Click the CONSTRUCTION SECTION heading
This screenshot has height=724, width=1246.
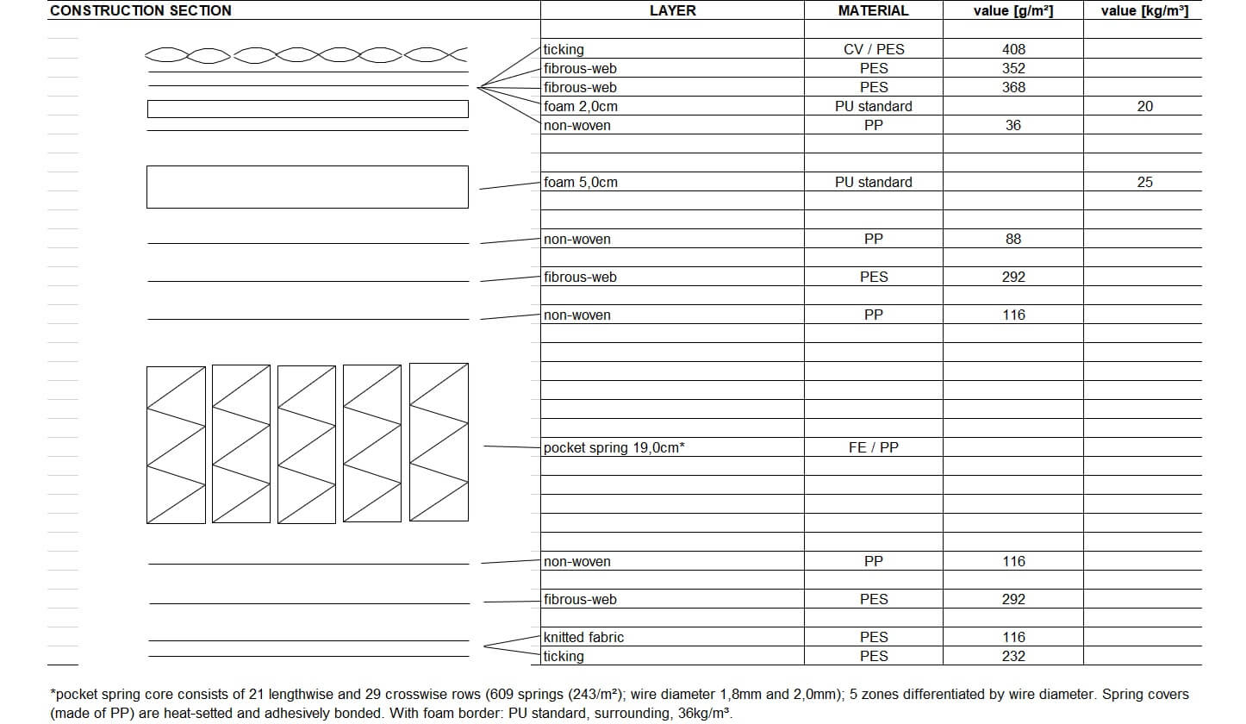(x=140, y=11)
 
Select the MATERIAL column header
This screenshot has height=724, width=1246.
(x=873, y=11)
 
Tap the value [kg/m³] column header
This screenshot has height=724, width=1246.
(x=1144, y=11)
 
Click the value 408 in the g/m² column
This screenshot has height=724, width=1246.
(x=1013, y=50)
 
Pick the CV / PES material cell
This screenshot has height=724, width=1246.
(x=873, y=50)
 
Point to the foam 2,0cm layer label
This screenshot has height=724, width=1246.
(x=581, y=107)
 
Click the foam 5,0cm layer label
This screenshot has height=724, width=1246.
(x=581, y=183)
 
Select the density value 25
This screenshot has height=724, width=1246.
(x=1144, y=183)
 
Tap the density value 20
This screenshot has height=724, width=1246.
(x=1144, y=107)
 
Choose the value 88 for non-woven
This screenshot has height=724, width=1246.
(x=1013, y=240)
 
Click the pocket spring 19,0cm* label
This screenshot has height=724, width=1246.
(x=614, y=448)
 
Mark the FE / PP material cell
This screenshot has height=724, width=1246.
(x=873, y=448)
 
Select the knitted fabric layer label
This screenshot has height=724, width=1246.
(x=583, y=638)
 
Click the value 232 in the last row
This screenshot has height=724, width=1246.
(x=1013, y=657)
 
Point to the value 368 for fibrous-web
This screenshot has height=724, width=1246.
(x=1013, y=88)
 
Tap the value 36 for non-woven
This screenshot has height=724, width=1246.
(x=1013, y=126)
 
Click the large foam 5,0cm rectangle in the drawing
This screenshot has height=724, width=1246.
(x=307, y=187)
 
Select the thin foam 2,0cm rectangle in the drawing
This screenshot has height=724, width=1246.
(x=307, y=109)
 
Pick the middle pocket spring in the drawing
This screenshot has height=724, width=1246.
(x=307, y=444)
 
